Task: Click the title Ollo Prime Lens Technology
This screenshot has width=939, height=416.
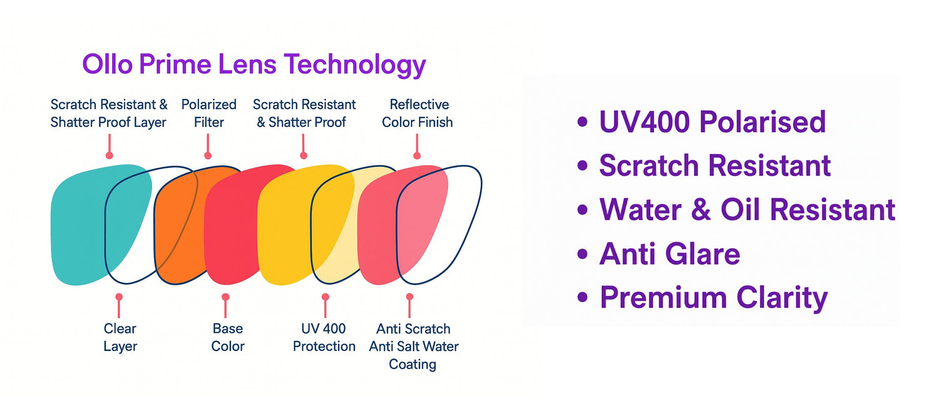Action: pyautogui.click(x=254, y=65)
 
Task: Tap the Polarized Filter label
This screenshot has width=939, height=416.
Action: pyautogui.click(x=208, y=113)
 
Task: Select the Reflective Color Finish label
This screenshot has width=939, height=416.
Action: pyautogui.click(x=418, y=113)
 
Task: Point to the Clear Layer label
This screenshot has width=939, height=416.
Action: pyautogui.click(x=120, y=338)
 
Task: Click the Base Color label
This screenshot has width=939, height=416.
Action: pyautogui.click(x=228, y=337)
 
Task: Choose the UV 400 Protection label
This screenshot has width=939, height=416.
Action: pyautogui.click(x=324, y=337)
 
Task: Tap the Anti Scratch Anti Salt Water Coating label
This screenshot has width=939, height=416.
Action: pyautogui.click(x=414, y=347)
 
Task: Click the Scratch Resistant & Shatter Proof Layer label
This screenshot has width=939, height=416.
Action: pyautogui.click(x=109, y=113)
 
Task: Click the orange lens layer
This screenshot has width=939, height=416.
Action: pyautogui.click(x=180, y=226)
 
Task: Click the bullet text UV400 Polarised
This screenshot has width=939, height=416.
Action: pyautogui.click(x=712, y=122)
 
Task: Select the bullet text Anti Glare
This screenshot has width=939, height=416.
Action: pyautogui.click(x=670, y=254)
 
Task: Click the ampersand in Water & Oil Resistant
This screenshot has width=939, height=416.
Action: pyautogui.click(x=701, y=210)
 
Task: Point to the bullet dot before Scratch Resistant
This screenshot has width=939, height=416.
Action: pyautogui.click(x=582, y=166)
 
